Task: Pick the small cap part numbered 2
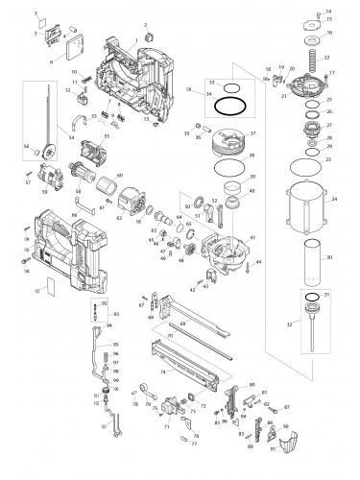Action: click(149, 35)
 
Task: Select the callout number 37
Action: click(252, 132)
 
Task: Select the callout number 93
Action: click(116, 313)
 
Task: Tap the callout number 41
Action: click(252, 238)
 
